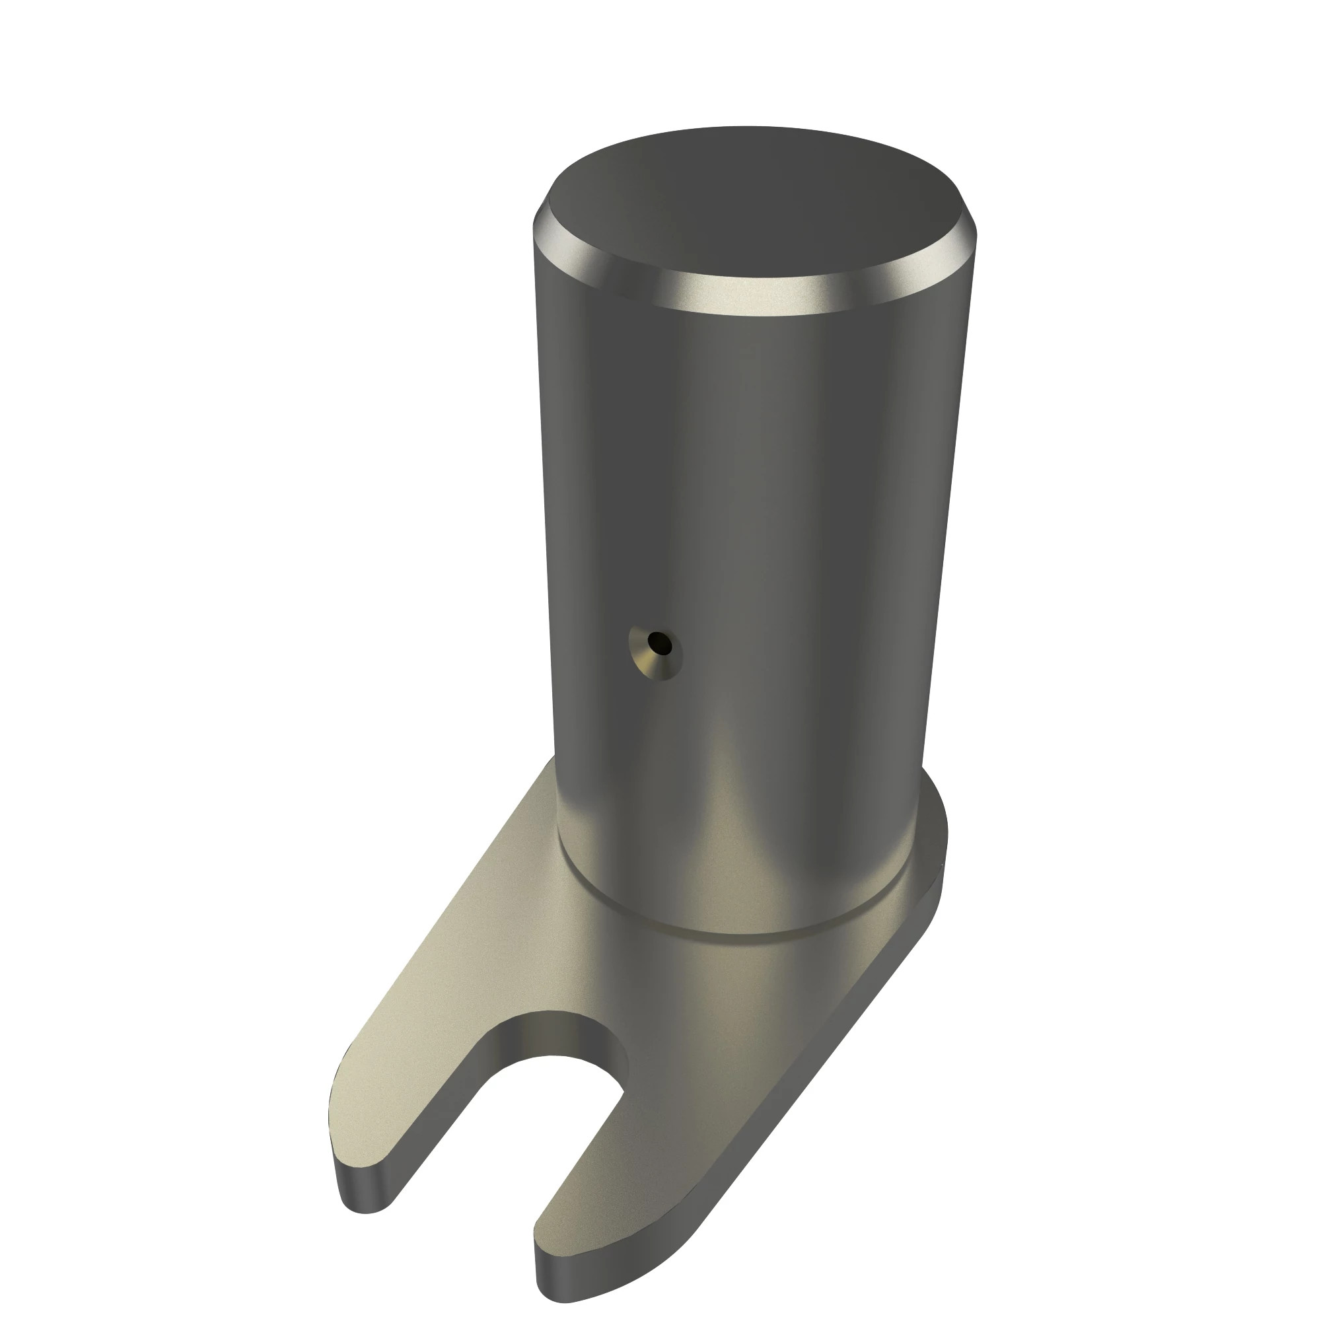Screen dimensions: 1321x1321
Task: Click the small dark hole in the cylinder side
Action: coord(660,642)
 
